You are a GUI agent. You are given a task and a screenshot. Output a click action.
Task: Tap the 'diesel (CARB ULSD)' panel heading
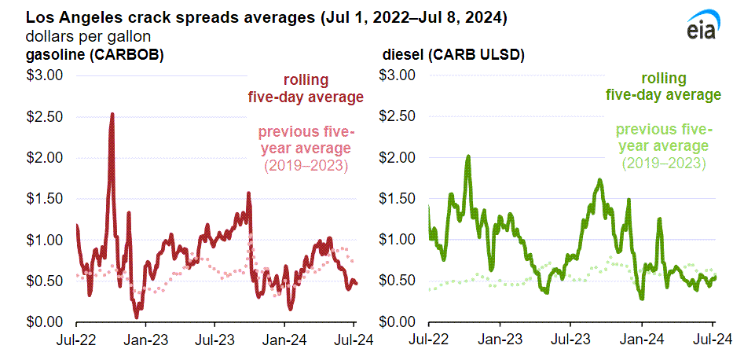pos(453,55)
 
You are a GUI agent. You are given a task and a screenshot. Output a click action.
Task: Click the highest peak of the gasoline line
pos(112,115)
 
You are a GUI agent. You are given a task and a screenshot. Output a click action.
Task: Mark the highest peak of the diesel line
pos(468,156)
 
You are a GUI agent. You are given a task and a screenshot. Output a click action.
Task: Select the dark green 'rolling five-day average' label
pos(663,86)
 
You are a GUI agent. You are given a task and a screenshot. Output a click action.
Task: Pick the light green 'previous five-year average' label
pos(663,146)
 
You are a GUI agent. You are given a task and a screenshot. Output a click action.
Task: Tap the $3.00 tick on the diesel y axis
pos(397,76)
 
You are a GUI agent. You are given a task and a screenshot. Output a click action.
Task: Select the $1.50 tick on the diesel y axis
pos(397,199)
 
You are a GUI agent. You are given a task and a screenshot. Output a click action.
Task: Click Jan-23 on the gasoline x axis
pos(145,340)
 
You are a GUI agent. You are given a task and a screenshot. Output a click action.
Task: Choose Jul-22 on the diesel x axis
pos(428,340)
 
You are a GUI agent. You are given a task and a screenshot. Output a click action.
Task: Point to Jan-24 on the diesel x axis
pos(642,340)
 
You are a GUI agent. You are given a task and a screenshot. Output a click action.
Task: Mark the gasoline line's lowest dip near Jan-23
pos(137,316)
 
